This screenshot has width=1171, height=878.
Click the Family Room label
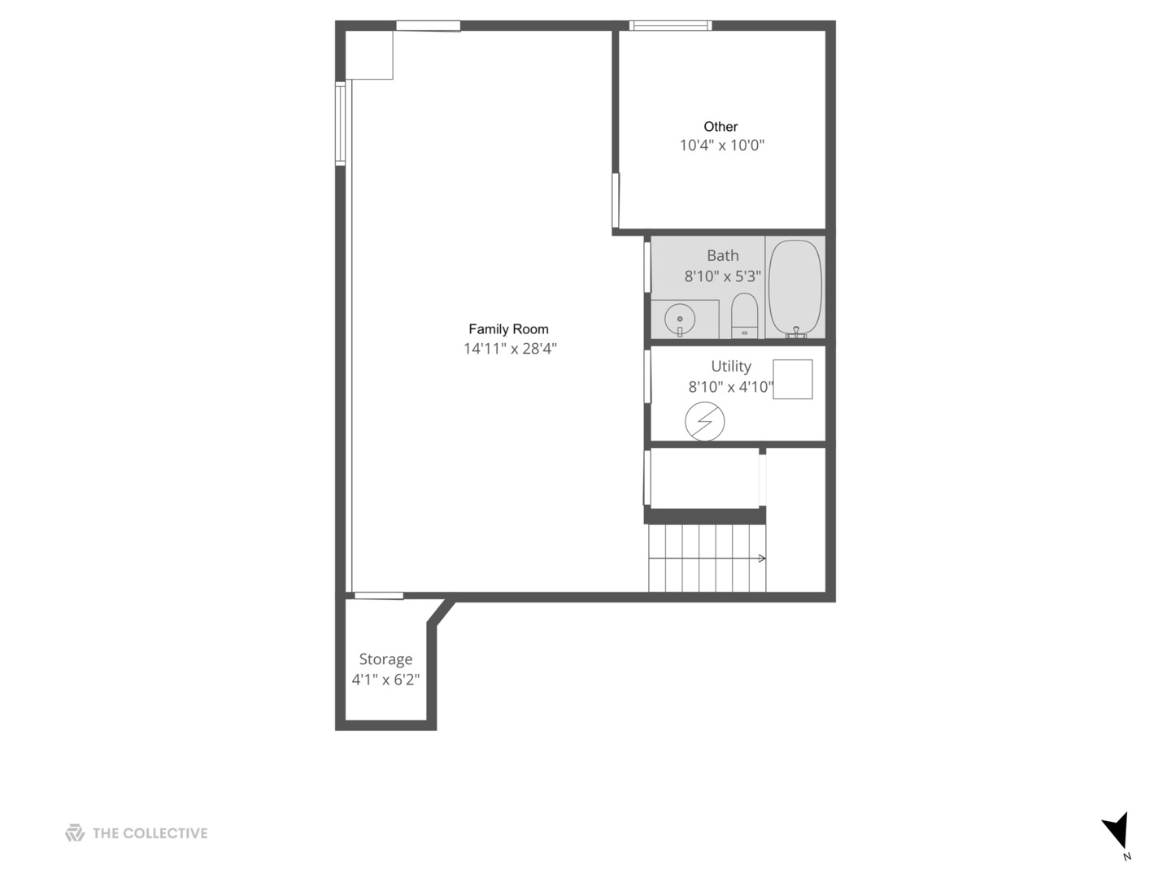pyautogui.click(x=508, y=329)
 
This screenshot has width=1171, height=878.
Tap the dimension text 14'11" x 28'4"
pyautogui.click(x=510, y=349)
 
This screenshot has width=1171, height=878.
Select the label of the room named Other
pyautogui.click(x=720, y=127)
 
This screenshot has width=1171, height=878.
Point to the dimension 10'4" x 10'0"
pyautogui.click(x=722, y=146)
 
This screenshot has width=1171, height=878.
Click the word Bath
pyautogui.click(x=722, y=255)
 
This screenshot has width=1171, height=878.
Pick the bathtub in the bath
pyautogui.click(x=795, y=287)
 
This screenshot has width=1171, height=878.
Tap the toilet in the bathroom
pyautogui.click(x=744, y=315)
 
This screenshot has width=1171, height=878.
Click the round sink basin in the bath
pyautogui.click(x=680, y=319)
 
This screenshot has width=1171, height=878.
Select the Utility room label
pyautogui.click(x=731, y=366)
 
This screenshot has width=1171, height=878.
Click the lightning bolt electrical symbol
pyautogui.click(x=705, y=422)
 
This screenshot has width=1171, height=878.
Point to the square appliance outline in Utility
pyautogui.click(x=792, y=380)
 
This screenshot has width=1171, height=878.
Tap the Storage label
pyautogui.click(x=385, y=659)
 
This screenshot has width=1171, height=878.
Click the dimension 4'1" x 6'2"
pyautogui.click(x=385, y=680)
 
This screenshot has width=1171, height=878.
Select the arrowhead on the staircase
pyautogui.click(x=762, y=559)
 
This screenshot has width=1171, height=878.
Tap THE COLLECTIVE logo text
pyautogui.click(x=150, y=833)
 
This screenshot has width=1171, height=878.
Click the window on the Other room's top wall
pyautogui.click(x=671, y=26)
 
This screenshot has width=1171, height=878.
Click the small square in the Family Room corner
pyautogui.click(x=370, y=55)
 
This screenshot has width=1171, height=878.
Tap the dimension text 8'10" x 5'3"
pyautogui.click(x=722, y=276)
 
